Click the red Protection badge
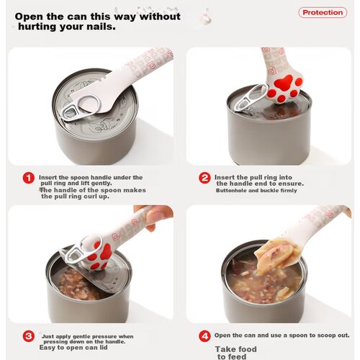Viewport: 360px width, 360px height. point(323,12)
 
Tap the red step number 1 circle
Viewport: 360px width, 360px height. point(29,178)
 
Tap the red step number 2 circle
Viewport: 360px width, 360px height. point(204,178)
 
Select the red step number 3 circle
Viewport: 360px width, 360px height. point(29,336)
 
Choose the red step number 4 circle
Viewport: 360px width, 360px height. point(204,336)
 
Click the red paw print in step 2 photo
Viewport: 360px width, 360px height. point(286,88)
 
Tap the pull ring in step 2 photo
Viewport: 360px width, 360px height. point(250,96)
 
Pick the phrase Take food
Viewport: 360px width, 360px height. point(236,349)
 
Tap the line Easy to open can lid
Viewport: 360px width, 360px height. point(73,348)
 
